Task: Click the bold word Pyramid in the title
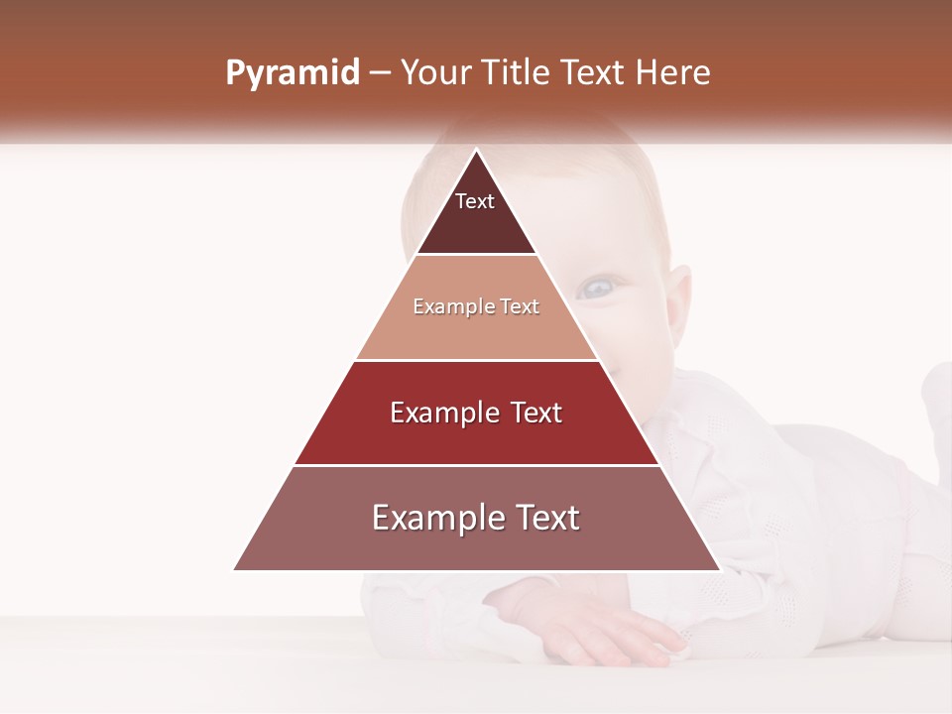[292, 73]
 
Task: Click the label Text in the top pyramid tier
[475, 201]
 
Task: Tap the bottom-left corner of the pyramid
[234, 570]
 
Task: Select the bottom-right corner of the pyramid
[720, 570]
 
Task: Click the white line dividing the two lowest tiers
[476, 465]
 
